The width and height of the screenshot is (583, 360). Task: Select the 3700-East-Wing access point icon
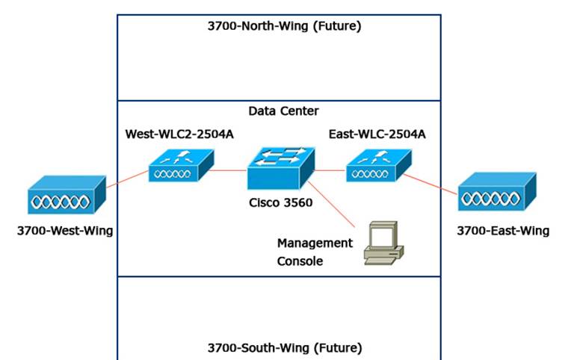point(496,195)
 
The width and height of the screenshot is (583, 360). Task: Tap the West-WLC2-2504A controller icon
point(180,166)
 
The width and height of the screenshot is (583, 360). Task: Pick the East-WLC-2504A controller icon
point(377,166)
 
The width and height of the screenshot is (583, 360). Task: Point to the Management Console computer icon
point(383,244)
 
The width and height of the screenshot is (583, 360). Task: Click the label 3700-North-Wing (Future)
point(284,27)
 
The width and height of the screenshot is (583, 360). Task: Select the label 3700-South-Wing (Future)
point(284,347)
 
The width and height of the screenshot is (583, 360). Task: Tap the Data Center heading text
point(283,111)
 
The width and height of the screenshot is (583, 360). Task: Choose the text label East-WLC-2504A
point(377,134)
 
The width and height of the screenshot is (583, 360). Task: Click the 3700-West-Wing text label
point(65,231)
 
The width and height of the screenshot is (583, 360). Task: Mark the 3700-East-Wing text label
point(503,231)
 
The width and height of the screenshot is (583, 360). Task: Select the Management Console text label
point(315,252)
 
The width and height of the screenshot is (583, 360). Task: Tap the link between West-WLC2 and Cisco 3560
point(229,171)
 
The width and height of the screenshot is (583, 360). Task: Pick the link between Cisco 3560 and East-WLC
point(329,171)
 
